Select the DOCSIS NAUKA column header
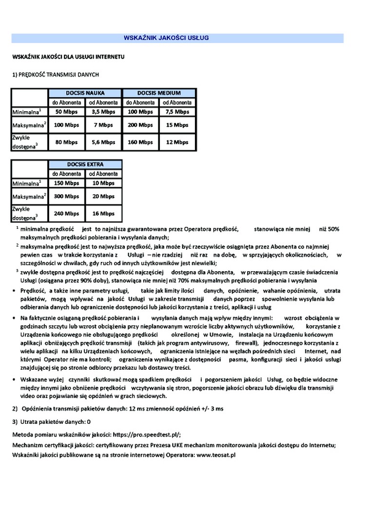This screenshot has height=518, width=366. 85,93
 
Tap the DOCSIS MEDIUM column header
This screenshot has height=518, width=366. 159,93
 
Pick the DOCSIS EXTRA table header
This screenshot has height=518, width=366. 85,164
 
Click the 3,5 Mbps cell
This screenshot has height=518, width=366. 103,112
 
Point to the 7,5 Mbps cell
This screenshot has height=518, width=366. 177,112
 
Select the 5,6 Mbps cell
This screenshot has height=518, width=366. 103,142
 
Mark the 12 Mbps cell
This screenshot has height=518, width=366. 177,142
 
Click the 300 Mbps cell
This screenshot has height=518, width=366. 66,197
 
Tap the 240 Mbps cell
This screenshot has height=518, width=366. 66,214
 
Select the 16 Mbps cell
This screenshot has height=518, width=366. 103,214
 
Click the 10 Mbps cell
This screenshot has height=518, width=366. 103,183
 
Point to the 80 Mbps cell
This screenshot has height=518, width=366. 66,142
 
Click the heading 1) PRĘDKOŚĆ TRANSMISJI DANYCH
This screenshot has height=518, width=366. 56,75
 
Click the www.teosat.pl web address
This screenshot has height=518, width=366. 216,454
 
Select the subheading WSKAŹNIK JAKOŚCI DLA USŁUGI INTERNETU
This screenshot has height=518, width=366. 69,57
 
